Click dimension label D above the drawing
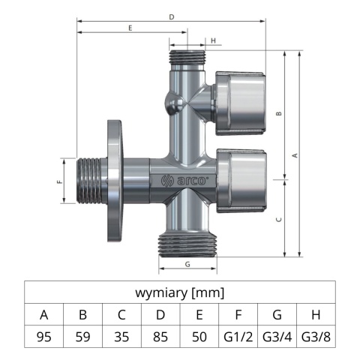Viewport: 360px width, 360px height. pos(172,16)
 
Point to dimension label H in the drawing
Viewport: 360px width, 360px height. pos(214,40)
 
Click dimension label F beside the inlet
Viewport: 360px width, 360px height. pos(60,181)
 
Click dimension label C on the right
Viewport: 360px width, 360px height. pos(278,219)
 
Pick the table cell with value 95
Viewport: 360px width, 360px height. pos(44,337)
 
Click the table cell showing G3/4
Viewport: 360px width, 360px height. pos(277,337)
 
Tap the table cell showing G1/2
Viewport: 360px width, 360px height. pos(238,337)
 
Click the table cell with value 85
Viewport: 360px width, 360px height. pos(160,337)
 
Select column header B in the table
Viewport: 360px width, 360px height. pos(82,315)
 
